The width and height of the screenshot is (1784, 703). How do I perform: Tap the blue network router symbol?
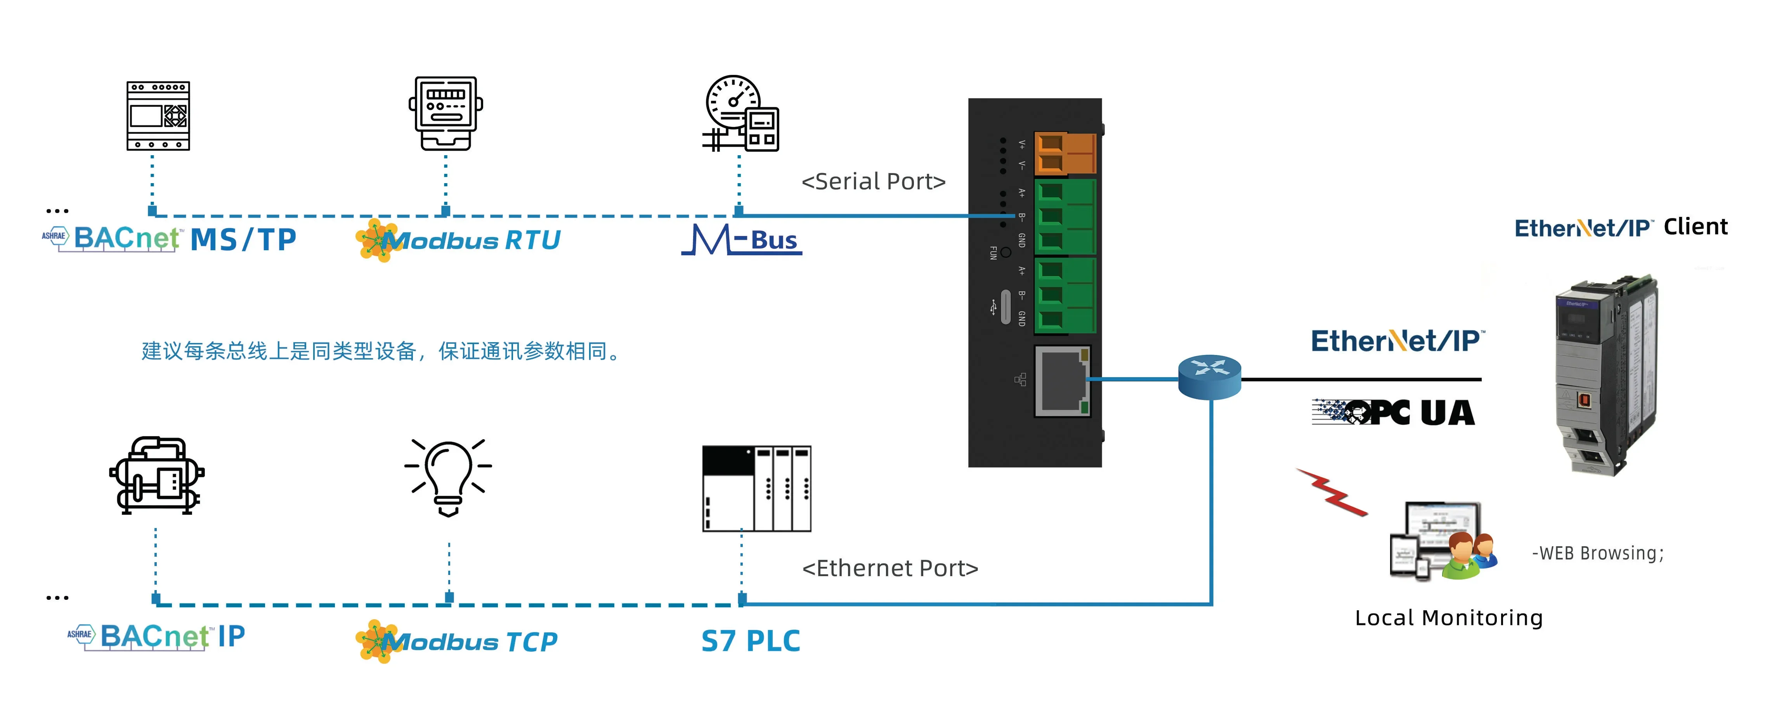tap(1209, 377)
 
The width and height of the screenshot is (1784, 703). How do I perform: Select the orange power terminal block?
tap(1065, 152)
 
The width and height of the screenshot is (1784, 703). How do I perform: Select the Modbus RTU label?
tap(458, 240)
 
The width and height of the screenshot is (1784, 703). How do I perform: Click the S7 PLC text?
tap(750, 641)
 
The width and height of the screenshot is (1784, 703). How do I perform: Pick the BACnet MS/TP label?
tap(170, 239)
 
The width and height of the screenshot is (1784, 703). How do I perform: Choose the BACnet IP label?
tap(156, 636)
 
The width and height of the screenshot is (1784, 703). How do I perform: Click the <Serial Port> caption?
tap(873, 182)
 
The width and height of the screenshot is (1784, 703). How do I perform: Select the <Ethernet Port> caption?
tap(889, 568)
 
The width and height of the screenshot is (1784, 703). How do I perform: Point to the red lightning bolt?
tap(1331, 492)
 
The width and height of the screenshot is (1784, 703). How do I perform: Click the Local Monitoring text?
tap(1448, 617)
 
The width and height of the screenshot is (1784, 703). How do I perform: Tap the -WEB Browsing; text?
tap(1597, 553)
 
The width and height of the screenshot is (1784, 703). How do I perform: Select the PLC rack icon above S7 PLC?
tap(756, 488)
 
